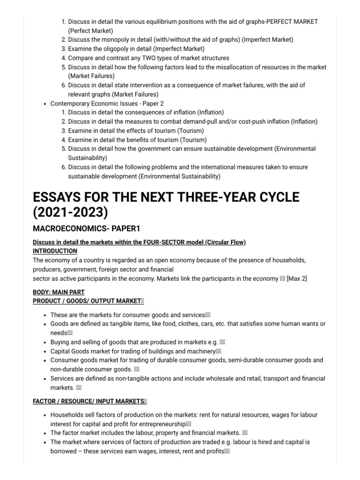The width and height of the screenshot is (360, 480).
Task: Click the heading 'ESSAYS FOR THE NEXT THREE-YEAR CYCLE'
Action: pos(165,196)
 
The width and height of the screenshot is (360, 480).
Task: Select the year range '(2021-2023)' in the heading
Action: pos(70,212)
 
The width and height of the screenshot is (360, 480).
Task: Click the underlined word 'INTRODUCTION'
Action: pos(55,251)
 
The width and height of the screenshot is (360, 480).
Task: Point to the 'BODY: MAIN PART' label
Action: pos(59,292)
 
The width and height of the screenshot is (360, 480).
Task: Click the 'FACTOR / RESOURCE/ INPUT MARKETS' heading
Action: pos(89,401)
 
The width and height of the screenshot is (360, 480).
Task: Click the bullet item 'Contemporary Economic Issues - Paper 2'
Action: pos(107,103)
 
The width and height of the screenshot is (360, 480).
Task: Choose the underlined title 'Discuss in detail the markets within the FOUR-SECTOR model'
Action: pos(139,242)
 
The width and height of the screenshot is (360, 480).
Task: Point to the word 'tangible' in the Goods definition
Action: pos(127,324)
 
